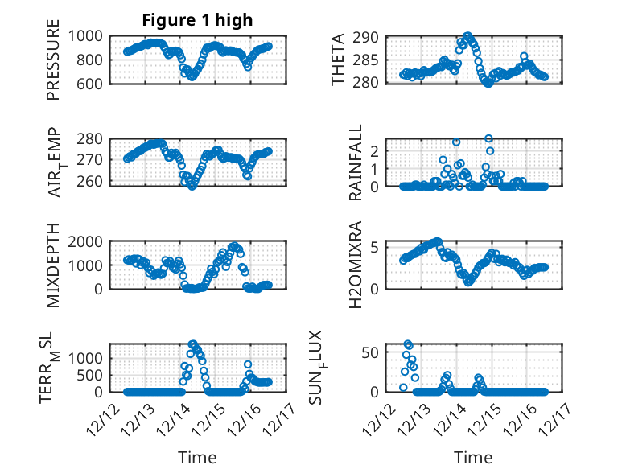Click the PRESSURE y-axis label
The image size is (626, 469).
[x=53, y=60]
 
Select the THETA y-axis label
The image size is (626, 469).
[x=338, y=60]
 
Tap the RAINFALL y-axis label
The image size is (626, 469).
[x=355, y=163]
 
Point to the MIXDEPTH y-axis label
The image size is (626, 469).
[x=53, y=265]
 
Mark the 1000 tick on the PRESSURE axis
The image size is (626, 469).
[x=84, y=35]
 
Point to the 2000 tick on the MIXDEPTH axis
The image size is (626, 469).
[x=84, y=241]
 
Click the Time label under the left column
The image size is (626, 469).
[x=197, y=457]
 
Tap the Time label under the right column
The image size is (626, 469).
[x=474, y=457]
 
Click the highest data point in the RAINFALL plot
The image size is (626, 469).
[x=488, y=138]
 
